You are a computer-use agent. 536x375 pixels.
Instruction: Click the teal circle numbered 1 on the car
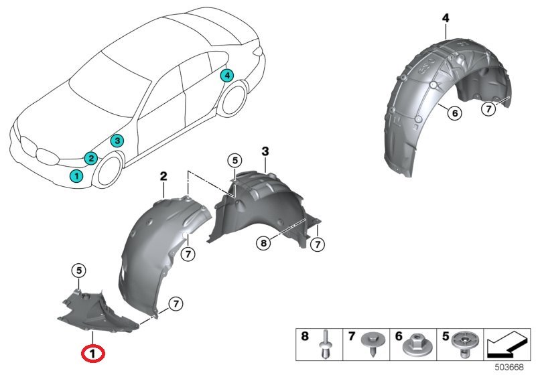pyautogui.click(x=76, y=175)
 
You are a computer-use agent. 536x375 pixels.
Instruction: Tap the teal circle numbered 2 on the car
pyautogui.click(x=90, y=158)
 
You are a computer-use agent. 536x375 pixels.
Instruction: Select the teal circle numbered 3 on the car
pyautogui.click(x=117, y=141)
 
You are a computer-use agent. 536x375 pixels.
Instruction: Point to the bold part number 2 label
pyautogui.click(x=163, y=176)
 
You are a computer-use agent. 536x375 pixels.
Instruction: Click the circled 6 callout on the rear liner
pyautogui.click(x=454, y=113)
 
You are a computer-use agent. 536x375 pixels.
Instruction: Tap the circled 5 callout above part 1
pyautogui.click(x=78, y=271)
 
